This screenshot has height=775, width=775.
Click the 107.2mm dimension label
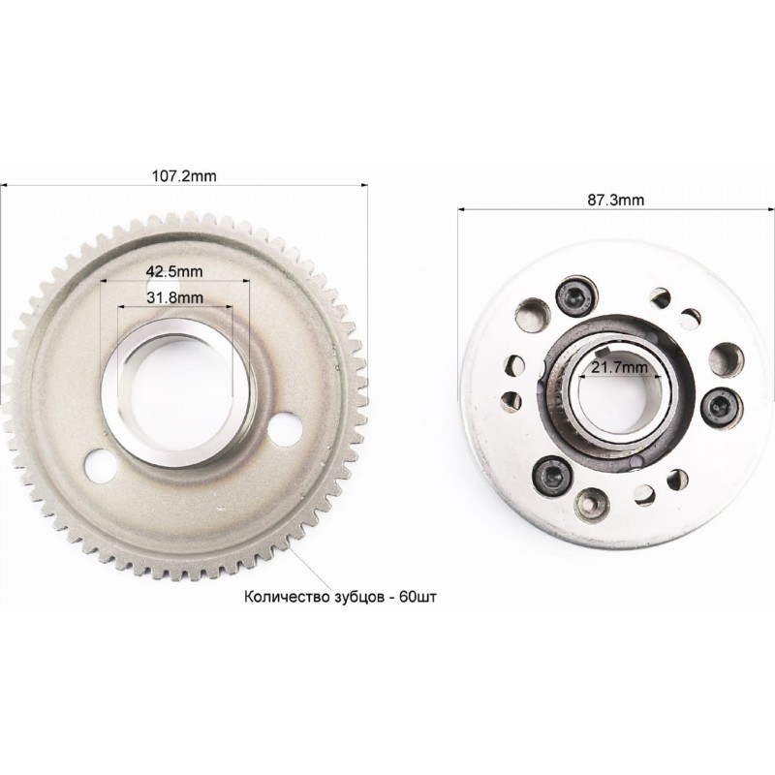pos(184,176)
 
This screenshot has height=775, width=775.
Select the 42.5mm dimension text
pos(174,271)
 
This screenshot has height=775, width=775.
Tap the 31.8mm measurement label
pos(175,297)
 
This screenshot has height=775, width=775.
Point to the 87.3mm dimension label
pos(615,200)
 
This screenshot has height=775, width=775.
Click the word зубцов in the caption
pos(354,598)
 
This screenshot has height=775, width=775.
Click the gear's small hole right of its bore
pos(287,428)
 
